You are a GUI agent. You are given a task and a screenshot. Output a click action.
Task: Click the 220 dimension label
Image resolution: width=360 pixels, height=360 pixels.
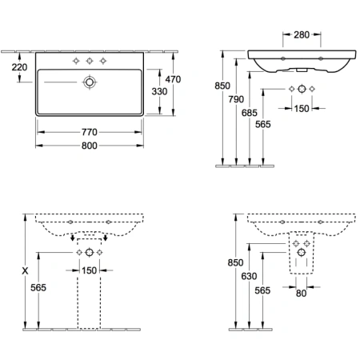(x=19, y=67)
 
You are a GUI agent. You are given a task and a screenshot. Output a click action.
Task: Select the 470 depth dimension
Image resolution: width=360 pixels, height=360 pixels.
(x=173, y=79)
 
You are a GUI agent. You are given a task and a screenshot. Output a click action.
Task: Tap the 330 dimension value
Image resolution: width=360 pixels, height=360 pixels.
(x=159, y=91)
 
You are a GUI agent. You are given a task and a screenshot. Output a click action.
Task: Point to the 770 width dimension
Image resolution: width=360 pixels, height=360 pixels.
(x=90, y=132)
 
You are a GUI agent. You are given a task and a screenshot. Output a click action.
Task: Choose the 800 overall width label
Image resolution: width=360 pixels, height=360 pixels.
(x=90, y=146)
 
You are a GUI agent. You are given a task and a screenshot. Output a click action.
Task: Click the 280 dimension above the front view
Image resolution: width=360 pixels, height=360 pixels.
(x=302, y=34)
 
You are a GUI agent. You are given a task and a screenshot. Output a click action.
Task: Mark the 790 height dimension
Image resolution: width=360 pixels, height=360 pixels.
(x=236, y=99)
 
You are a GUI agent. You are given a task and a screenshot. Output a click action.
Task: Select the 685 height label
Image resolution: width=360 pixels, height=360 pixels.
(x=250, y=113)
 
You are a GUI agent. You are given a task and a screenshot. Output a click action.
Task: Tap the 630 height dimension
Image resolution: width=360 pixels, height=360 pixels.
(x=249, y=276)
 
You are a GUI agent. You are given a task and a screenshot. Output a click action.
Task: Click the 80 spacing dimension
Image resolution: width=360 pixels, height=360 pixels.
(x=301, y=294)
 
